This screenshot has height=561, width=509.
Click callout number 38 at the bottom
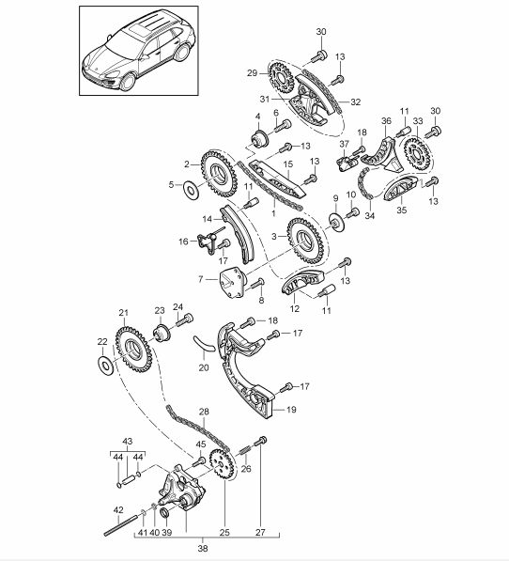(203, 548)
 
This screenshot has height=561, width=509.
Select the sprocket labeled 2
(219, 174)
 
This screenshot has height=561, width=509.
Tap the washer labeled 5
(192, 190)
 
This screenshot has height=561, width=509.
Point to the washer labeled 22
(105, 366)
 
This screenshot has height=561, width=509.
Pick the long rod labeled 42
(121, 524)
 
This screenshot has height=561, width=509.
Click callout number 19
(292, 410)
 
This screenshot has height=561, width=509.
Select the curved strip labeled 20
(203, 343)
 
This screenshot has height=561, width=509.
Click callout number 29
(252, 73)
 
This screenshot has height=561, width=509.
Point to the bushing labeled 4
(260, 138)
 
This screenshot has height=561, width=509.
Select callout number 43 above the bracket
(128, 441)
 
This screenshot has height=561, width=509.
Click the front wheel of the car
(128, 82)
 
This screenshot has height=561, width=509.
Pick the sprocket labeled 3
(305, 242)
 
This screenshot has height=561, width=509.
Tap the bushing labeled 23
(162, 334)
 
